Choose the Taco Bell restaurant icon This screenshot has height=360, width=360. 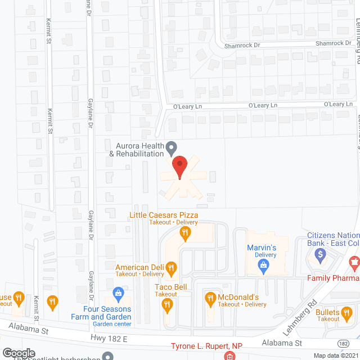167,305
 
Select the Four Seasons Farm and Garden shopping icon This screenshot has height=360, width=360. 118,292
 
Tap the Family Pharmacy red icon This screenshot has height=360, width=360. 354,262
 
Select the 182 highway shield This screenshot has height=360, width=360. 343,343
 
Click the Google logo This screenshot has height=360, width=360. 19,353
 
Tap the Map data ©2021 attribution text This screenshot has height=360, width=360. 336,355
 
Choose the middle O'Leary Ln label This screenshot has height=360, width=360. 264,105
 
